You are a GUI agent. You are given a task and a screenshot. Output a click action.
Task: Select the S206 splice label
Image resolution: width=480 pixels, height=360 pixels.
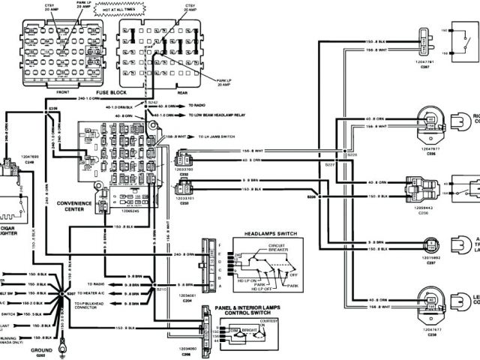click(x=52, y=110)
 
